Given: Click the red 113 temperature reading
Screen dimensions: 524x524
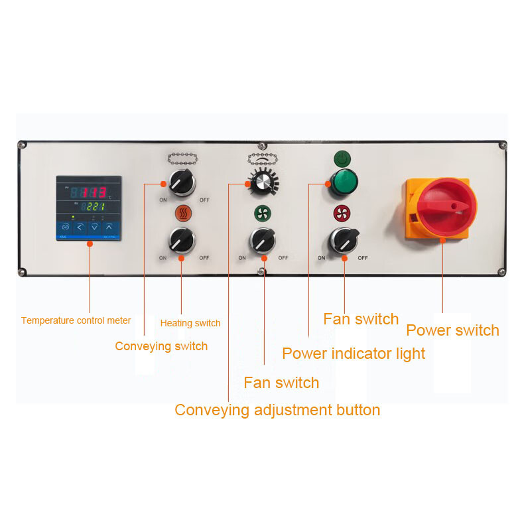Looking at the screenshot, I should click(x=90, y=193).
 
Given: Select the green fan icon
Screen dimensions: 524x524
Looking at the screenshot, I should click(x=262, y=213).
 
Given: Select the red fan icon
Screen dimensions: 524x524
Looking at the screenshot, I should click(x=342, y=213).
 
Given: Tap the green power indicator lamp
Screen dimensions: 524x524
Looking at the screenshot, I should click(x=342, y=182).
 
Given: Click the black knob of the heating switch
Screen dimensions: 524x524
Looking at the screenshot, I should click(x=181, y=240).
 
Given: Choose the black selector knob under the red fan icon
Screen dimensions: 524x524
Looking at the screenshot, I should click(x=343, y=240).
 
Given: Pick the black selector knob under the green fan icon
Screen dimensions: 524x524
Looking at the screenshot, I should click(x=262, y=240).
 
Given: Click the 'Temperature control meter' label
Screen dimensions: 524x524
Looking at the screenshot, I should click(x=76, y=320).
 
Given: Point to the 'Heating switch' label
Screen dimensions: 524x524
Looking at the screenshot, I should click(x=190, y=323).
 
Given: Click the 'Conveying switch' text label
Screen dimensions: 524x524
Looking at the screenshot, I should click(x=161, y=346).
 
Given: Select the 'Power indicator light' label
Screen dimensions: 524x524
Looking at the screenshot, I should click(x=354, y=354).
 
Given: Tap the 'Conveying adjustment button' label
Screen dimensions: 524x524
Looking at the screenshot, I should click(x=277, y=410).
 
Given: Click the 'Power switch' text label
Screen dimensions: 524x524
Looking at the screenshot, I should click(x=452, y=330).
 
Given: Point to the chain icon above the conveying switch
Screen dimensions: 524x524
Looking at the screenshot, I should click(x=181, y=159).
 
